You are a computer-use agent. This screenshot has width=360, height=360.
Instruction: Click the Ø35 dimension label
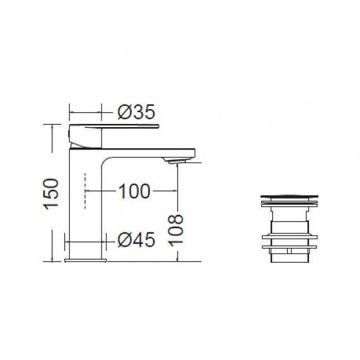click(136, 112)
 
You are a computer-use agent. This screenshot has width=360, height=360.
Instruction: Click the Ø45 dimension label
click(136, 240)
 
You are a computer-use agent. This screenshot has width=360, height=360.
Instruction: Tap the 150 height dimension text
click(51, 194)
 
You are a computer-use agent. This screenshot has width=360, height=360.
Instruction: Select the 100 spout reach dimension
click(135, 191)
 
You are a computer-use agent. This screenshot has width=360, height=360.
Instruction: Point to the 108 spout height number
click(176, 230)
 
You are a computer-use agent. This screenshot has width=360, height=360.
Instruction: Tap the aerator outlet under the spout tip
click(177, 161)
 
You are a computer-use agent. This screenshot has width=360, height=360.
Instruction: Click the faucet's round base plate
click(85, 260)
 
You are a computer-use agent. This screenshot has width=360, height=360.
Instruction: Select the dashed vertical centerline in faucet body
click(85, 191)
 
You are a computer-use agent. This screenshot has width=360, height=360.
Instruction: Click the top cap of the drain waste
click(289, 196)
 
